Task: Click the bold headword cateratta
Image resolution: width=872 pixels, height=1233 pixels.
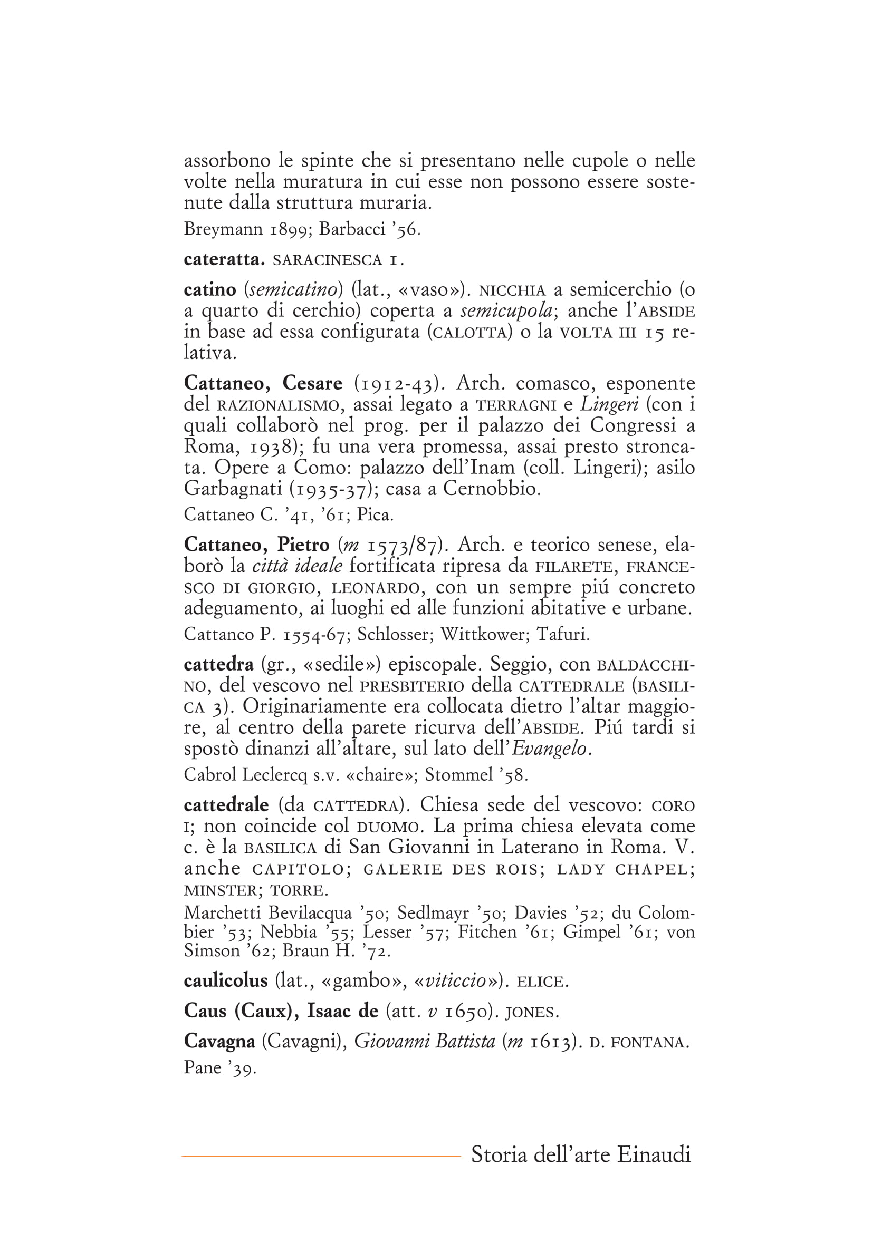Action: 224,260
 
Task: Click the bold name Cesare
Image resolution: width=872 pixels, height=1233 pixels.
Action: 312,383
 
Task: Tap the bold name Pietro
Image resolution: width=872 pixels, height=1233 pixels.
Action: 303,545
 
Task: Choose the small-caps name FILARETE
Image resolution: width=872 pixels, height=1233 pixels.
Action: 574,567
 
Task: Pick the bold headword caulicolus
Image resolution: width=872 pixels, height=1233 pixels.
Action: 225,981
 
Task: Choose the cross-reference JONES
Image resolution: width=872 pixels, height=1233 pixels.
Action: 532,1012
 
